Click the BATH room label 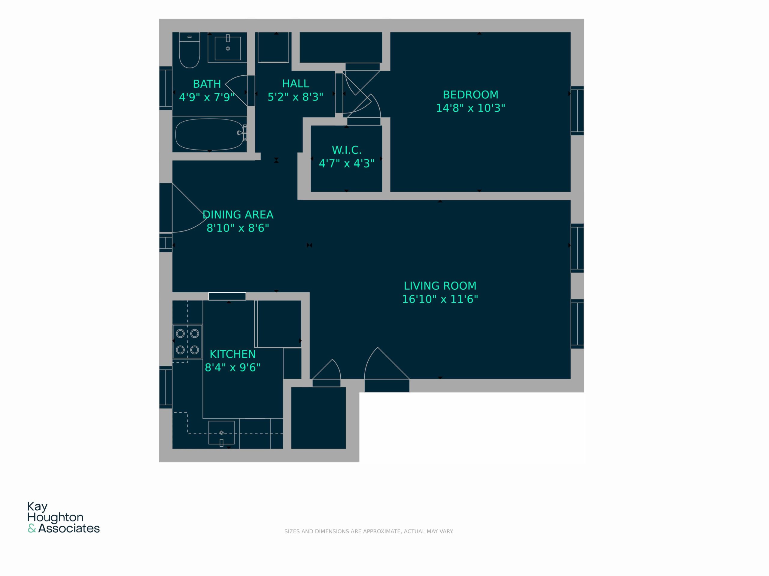point(207,84)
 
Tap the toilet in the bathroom point(190,50)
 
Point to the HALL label point(296,84)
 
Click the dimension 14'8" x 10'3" point(470,108)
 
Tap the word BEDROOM point(470,95)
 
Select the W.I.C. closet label point(347,150)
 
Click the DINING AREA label point(238,215)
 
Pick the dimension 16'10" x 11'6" point(440,299)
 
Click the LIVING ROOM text point(440,286)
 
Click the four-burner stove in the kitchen point(187,342)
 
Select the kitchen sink point(221,433)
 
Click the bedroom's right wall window point(577,110)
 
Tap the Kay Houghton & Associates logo point(64,517)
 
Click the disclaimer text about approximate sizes point(369,532)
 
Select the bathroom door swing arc point(236,90)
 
